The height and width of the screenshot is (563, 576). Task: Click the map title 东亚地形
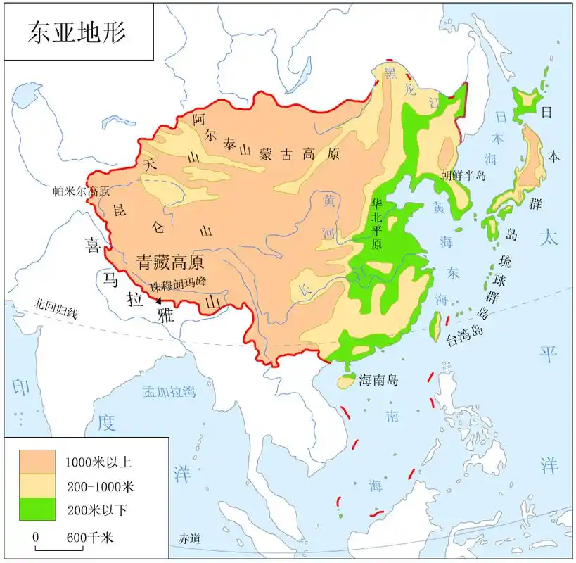[78, 32]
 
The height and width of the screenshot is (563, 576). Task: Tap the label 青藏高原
[170, 262]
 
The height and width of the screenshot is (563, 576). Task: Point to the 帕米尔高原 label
[82, 191]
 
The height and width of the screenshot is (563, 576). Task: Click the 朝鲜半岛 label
[463, 175]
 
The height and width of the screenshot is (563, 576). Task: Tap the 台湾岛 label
[466, 339]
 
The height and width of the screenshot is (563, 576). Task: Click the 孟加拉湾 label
[169, 392]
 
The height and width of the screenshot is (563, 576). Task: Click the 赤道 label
[189, 539]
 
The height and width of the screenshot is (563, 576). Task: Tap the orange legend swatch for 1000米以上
[37, 462]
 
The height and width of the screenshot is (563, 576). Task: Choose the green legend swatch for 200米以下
[37, 508]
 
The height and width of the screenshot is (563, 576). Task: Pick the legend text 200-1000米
[99, 486]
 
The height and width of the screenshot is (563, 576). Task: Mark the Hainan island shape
[345, 381]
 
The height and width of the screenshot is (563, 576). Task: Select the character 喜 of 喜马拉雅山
[93, 244]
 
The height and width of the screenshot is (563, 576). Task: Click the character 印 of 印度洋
[20, 386]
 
